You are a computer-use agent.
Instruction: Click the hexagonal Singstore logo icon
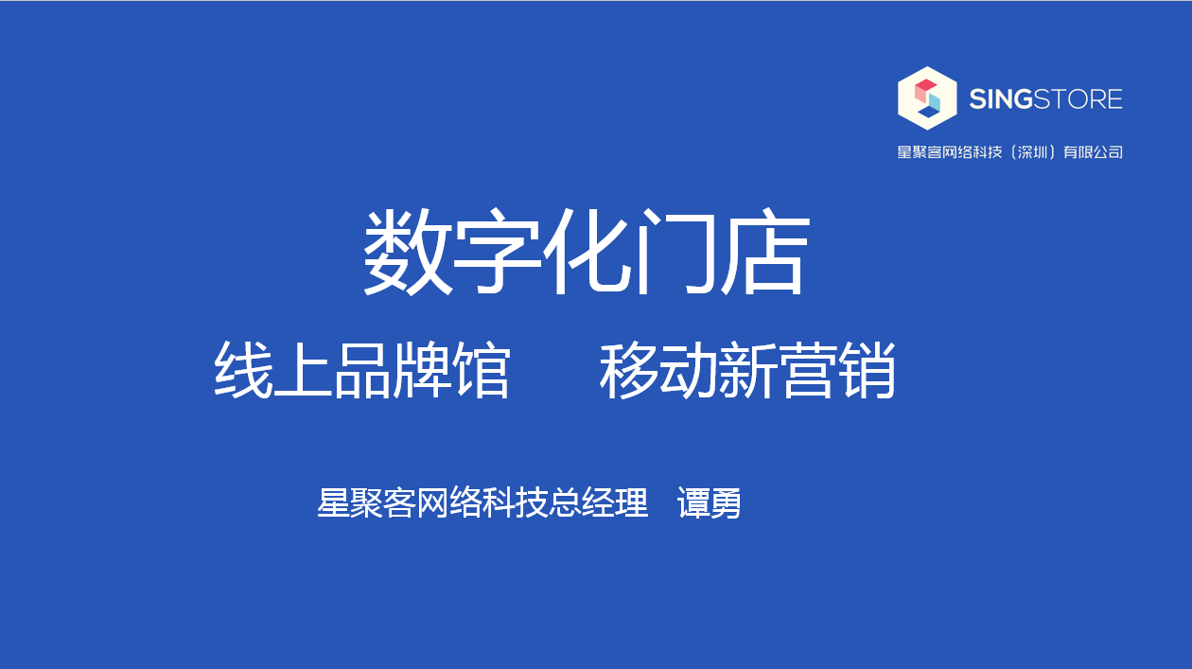coord(927,98)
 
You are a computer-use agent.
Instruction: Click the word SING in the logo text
coord(1001,99)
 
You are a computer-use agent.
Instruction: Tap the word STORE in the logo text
coord(1078,99)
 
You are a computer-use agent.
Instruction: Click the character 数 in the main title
coord(407,252)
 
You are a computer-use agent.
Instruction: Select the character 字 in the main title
coord(497,252)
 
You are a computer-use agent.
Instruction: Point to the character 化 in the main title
coord(587,252)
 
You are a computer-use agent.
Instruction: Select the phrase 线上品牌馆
coord(362,370)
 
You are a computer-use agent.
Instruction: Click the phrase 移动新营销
coord(747,370)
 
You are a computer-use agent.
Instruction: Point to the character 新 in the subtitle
coord(747,370)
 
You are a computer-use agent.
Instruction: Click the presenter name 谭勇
coord(709,502)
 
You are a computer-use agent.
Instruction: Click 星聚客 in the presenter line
coord(366,502)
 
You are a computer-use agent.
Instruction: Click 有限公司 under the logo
coord(1093,152)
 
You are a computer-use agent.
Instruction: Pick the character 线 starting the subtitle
coord(244,370)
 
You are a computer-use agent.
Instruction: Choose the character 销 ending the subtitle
coord(867,370)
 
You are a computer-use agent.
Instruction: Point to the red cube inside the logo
coord(925,88)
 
